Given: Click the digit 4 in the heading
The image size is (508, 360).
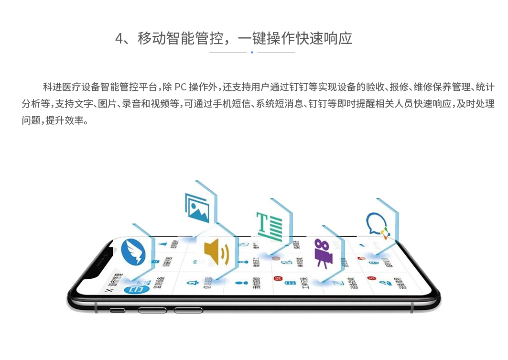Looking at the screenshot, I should point(119,39).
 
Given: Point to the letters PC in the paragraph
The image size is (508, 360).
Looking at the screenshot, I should point(180,87).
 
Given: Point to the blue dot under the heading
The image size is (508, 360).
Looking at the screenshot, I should point(252,52).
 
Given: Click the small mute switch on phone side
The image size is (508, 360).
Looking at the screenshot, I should point(117,310).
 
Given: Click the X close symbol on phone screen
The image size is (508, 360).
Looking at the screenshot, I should point(107,290).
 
